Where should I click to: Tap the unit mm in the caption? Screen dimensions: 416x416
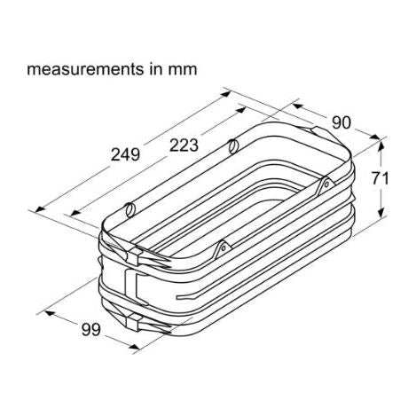point(183,67)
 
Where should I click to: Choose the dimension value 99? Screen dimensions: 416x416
point(87,331)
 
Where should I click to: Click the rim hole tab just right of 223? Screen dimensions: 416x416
point(233,145)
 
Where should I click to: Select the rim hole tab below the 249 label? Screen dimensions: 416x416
point(130,209)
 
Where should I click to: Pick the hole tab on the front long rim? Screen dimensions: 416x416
point(226,248)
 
